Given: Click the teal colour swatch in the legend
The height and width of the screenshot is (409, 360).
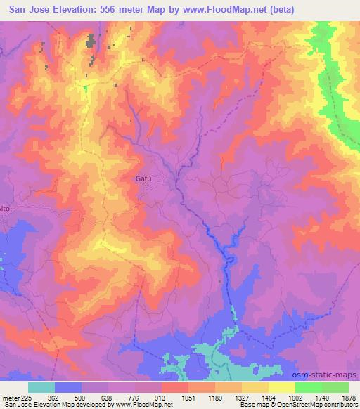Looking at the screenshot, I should coord(41,387).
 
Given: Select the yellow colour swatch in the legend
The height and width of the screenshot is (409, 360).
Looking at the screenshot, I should coord(281,387).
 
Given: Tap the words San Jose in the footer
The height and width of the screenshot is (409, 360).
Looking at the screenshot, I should coord(15,405).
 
